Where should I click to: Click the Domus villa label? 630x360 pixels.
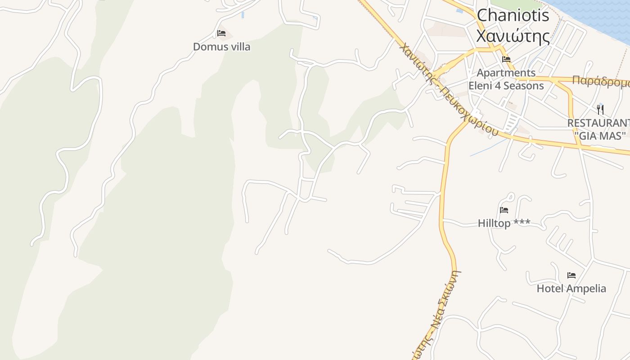[x=221, y=47]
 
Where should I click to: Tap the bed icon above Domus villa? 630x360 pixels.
[x=221, y=33]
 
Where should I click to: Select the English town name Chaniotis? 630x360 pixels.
[x=513, y=16]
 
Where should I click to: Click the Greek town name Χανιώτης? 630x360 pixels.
[x=513, y=36]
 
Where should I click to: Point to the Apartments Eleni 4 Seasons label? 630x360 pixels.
[x=506, y=79]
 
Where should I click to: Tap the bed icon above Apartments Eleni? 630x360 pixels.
[x=506, y=59]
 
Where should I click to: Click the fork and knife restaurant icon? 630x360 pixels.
[x=600, y=109]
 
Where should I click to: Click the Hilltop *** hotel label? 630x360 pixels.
[x=504, y=223]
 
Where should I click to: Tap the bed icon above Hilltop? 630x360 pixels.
[x=504, y=210]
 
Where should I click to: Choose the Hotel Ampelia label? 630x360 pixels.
[x=571, y=288]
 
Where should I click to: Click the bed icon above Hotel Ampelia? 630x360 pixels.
[x=571, y=275]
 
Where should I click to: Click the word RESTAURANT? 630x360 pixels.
[x=598, y=123]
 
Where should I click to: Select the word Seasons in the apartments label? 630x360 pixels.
[x=523, y=85]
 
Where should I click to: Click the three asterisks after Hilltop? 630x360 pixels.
[x=522, y=223]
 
